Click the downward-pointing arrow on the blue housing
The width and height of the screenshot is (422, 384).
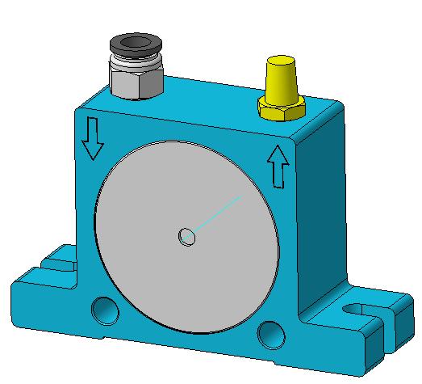pyautogui.click(x=92, y=138)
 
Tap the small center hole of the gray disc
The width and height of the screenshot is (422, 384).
pyautogui.click(x=186, y=237)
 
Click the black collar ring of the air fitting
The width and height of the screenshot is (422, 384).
pyautogui.click(x=135, y=47)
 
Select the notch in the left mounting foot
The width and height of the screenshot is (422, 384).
pyautogui.click(x=55, y=262)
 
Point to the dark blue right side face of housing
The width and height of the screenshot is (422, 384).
pyautogui.click(x=323, y=210)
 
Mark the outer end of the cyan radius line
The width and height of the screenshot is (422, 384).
pyautogui.click(x=241, y=196)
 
